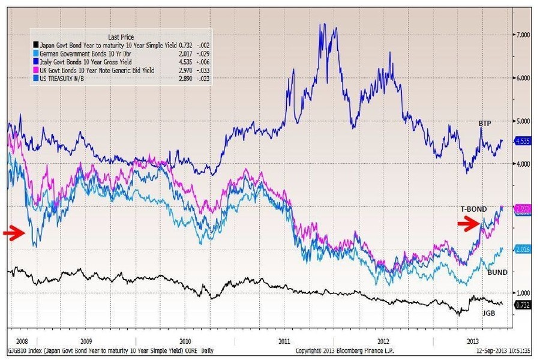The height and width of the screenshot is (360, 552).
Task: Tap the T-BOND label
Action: (474, 208)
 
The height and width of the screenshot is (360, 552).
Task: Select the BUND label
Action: (497, 272)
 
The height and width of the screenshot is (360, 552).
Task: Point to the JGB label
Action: (490, 313)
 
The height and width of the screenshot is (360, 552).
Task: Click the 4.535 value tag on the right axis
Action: (523, 142)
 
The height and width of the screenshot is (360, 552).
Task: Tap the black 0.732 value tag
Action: (523, 305)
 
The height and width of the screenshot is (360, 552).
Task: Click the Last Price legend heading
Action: (121, 36)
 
